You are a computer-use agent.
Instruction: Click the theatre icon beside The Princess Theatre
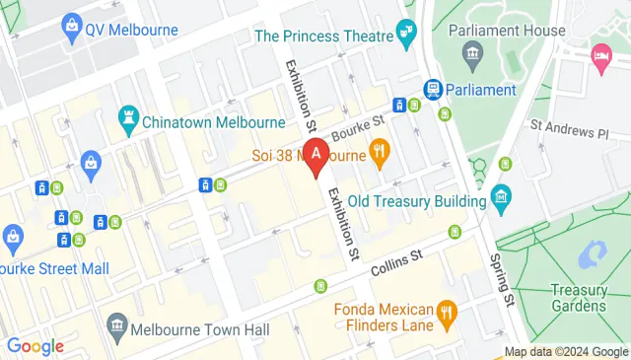click(407, 36)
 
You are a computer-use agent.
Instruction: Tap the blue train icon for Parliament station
click(432, 89)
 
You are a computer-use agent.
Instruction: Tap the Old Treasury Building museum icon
click(502, 199)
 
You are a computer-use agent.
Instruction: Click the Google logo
click(35, 346)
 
